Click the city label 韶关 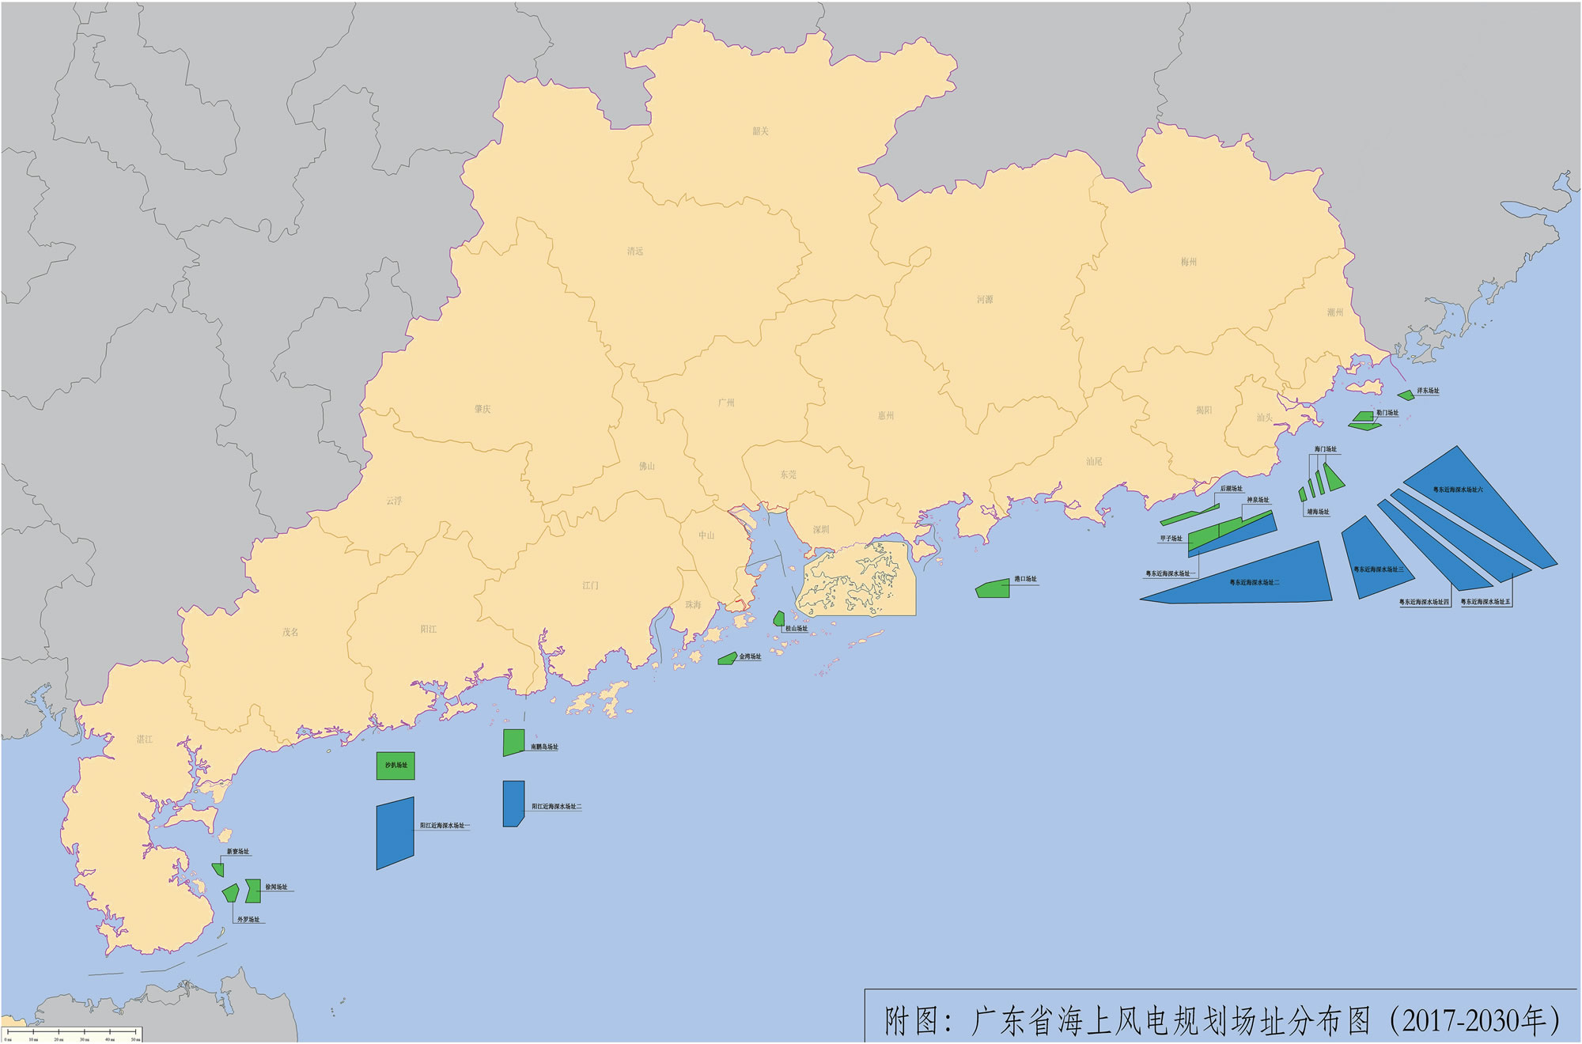point(760,131)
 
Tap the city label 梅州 point(1188,262)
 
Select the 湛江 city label point(144,739)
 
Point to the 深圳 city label point(821,530)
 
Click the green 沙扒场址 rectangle point(395,766)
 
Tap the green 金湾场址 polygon point(727,659)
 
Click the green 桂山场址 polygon point(779,618)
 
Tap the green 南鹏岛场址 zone point(513,742)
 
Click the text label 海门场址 point(1325,449)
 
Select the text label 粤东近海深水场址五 point(1485,602)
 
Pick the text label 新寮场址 point(237,852)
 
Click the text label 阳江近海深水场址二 point(557,807)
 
